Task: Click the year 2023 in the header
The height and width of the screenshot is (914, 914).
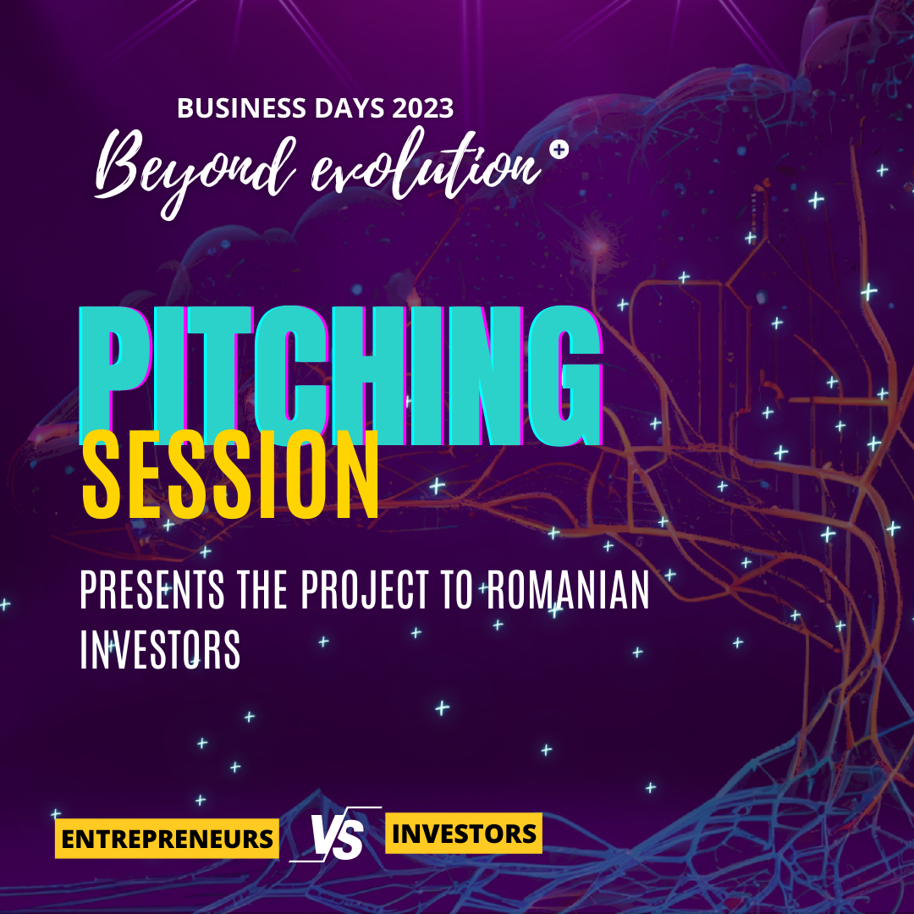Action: (422, 107)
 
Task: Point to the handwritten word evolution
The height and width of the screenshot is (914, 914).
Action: (426, 166)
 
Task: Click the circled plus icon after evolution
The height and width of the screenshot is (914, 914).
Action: (559, 150)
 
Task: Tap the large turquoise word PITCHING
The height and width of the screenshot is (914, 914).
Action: (340, 376)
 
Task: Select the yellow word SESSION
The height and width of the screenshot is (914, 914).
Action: (231, 475)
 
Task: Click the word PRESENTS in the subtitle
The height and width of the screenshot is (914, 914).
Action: (152, 591)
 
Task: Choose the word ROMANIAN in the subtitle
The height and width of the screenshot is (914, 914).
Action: (568, 591)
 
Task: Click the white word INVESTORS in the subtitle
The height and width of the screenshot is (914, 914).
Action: (160, 649)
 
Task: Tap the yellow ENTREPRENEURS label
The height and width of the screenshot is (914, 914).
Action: (167, 839)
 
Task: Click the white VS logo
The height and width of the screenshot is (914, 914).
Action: (336, 834)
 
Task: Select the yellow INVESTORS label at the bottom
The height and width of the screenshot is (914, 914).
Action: (464, 833)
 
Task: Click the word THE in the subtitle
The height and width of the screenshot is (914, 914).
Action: (262, 591)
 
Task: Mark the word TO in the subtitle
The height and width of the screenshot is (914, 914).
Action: (456, 591)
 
